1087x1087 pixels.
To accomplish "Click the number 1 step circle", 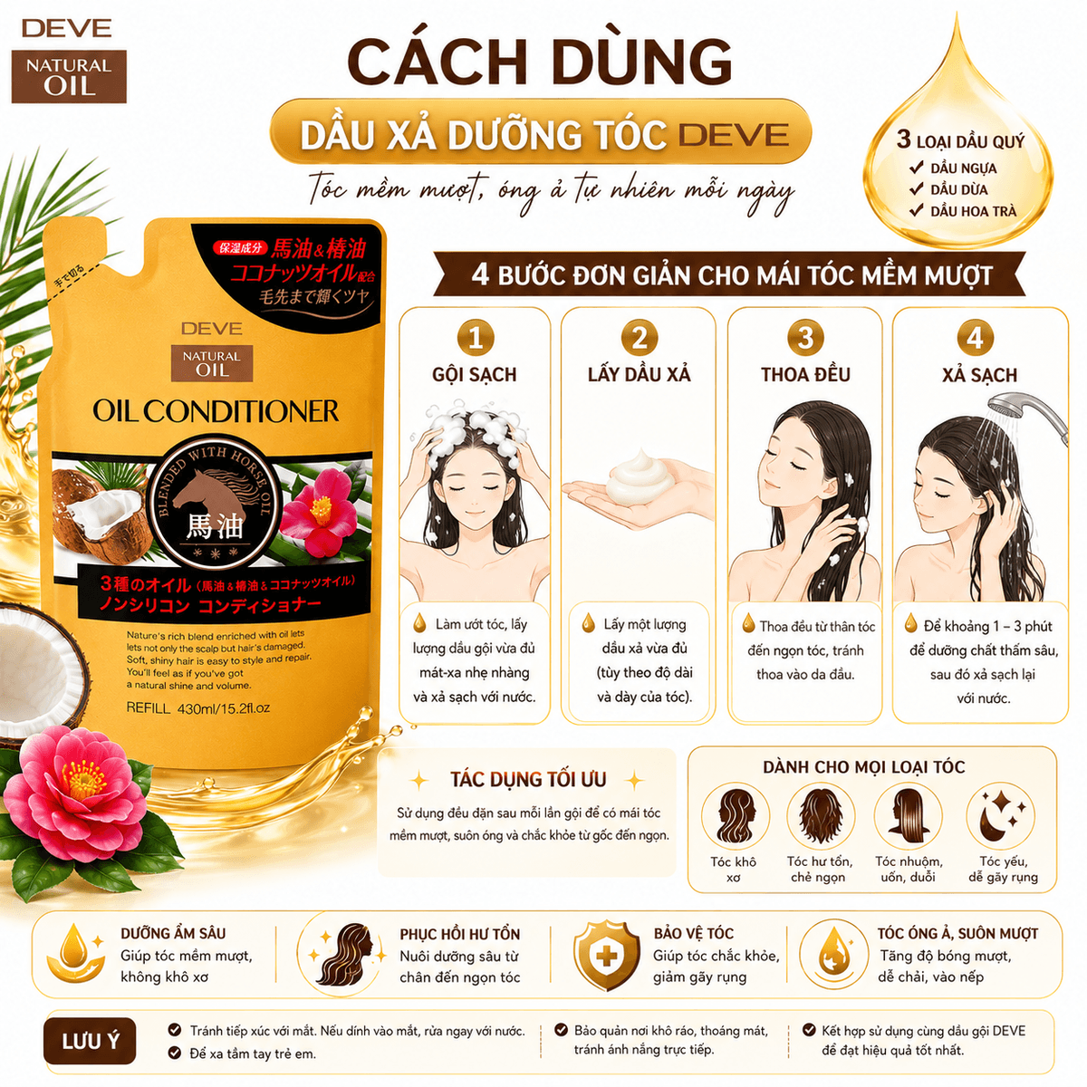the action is [x=475, y=338].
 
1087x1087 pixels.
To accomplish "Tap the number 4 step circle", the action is [x=975, y=339].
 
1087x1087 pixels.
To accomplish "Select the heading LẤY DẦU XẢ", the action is [x=640, y=374].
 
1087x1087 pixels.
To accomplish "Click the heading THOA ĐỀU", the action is [x=805, y=374].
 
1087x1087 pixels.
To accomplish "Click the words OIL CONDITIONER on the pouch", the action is [x=216, y=411].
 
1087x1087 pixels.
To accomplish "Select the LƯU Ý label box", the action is [x=91, y=1040].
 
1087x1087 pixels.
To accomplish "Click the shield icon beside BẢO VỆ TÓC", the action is [x=606, y=956].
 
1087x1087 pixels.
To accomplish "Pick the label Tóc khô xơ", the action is [x=733, y=870].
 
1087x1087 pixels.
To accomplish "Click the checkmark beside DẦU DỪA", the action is [x=915, y=189].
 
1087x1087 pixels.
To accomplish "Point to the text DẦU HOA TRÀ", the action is [x=973, y=212].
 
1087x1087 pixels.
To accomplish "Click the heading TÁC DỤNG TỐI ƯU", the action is [x=528, y=779].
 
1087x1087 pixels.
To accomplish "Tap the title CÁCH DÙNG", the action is [x=540, y=63].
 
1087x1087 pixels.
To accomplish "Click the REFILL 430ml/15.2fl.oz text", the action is [x=198, y=708].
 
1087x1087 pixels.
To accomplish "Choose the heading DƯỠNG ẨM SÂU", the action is [x=173, y=933].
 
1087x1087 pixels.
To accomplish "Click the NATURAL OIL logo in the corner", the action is [x=69, y=76].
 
